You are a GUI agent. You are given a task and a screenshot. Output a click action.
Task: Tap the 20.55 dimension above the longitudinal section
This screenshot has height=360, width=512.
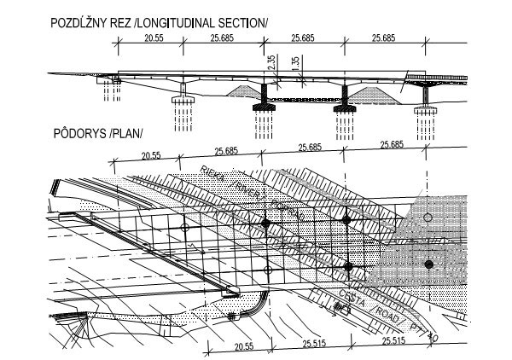click(x=154, y=38)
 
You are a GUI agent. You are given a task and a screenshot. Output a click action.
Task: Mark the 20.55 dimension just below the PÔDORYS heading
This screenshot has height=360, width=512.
click(x=152, y=155)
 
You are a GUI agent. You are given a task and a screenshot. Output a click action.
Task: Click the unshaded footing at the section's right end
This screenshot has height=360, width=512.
click(x=424, y=109)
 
